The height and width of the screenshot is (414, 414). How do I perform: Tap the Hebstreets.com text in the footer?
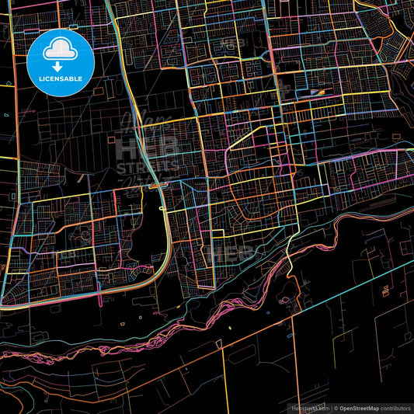point(310,408)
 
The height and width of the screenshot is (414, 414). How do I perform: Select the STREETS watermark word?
point(148,167)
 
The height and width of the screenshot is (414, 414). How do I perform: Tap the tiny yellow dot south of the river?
point(231,329)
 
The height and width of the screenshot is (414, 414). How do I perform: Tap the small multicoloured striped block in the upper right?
point(317,92)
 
